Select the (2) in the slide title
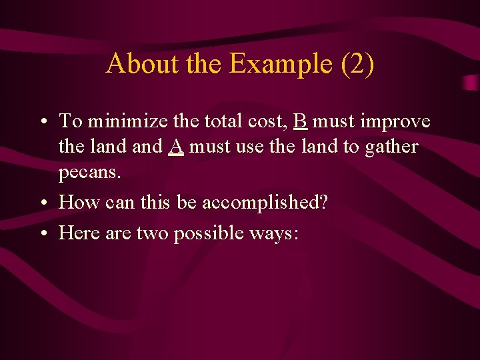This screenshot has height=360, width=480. point(357,64)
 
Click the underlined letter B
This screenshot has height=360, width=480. point(300,121)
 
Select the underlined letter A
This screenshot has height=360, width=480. point(176,146)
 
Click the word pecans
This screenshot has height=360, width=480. point(89,172)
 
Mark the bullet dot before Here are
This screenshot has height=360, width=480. point(43,234)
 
